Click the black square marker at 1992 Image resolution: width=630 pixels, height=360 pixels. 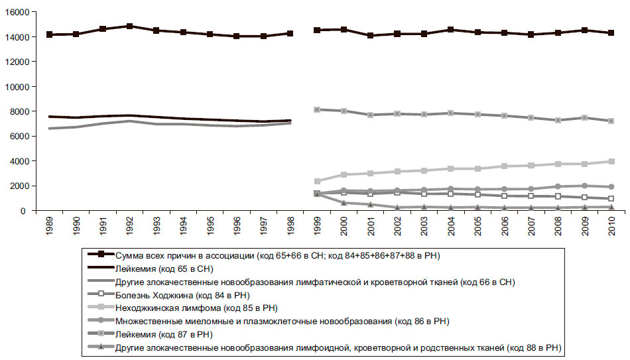[130, 27]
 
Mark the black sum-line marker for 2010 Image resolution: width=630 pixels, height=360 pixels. [611, 33]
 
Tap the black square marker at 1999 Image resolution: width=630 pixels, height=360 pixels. [317, 30]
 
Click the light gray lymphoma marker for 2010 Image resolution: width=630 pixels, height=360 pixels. [611, 161]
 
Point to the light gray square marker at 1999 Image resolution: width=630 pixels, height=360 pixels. [317, 181]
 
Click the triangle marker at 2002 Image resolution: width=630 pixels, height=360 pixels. [397, 207]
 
